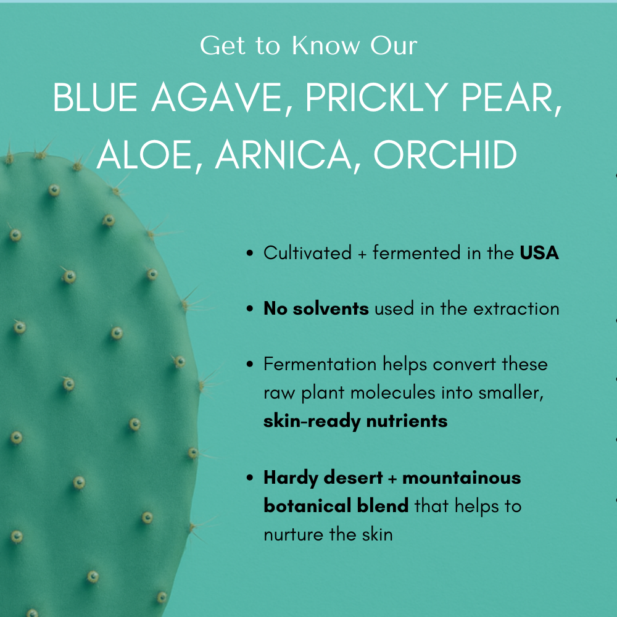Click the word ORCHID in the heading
tap(445, 155)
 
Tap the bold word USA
tap(539, 253)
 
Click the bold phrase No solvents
tap(316, 308)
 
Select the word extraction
tap(516, 308)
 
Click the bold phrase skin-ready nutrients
tap(355, 421)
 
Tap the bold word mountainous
tap(462, 478)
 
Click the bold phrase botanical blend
tap(336, 506)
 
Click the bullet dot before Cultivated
tap(250, 254)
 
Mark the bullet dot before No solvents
tap(250, 309)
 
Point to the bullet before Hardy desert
tap(250, 478)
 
